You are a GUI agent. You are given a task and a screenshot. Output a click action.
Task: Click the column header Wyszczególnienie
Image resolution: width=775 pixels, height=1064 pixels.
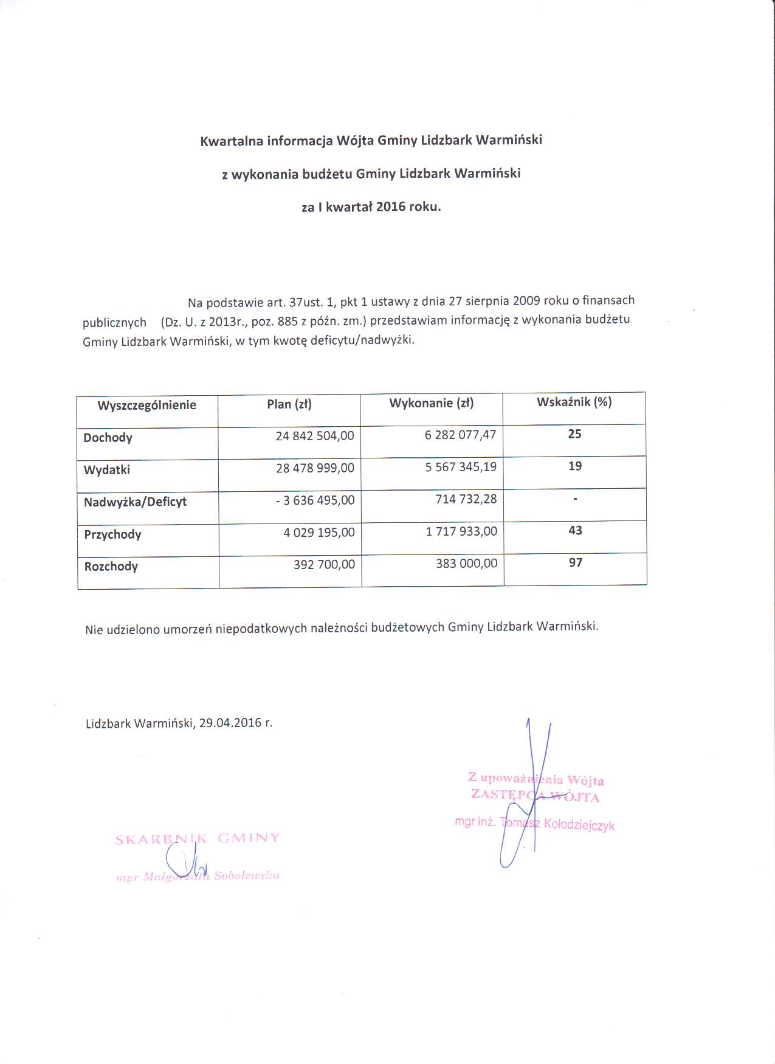(146, 406)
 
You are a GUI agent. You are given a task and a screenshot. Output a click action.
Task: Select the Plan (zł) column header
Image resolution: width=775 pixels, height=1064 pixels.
(289, 404)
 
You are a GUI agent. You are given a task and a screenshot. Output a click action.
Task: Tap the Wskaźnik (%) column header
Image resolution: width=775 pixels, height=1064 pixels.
(574, 402)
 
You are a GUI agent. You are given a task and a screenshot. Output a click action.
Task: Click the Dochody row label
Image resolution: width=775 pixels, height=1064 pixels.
(108, 438)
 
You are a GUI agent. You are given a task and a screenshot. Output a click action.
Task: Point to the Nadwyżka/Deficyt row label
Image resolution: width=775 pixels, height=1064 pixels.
(135, 502)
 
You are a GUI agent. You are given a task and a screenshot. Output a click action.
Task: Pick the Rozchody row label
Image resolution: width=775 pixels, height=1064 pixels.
(111, 567)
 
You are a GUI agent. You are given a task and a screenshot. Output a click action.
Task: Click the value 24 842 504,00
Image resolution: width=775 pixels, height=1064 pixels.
(314, 436)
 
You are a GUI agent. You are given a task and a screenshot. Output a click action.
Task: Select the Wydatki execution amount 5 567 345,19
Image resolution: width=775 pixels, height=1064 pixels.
(461, 467)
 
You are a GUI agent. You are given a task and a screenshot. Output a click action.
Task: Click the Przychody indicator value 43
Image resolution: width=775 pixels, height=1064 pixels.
(575, 531)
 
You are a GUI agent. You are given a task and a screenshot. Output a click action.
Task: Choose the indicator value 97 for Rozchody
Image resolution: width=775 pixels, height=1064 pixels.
(576, 563)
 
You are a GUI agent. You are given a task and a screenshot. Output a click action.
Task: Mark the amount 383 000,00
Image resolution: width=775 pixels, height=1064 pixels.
(466, 564)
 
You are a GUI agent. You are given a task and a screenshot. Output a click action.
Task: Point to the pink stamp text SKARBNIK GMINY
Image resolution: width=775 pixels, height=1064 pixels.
(198, 839)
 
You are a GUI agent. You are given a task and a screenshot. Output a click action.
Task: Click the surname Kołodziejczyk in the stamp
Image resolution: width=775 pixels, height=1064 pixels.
(579, 825)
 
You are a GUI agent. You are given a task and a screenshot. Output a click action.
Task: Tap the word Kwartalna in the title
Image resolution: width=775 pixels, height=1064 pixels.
(232, 142)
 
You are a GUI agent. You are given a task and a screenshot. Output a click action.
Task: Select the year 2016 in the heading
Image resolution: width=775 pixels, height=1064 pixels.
(390, 207)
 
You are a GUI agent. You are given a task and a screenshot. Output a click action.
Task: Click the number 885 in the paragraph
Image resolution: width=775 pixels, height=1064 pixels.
(287, 322)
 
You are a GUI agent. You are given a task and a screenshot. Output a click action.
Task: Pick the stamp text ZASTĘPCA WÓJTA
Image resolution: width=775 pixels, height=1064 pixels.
(535, 795)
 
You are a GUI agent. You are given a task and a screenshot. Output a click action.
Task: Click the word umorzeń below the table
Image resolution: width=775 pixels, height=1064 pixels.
(187, 629)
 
